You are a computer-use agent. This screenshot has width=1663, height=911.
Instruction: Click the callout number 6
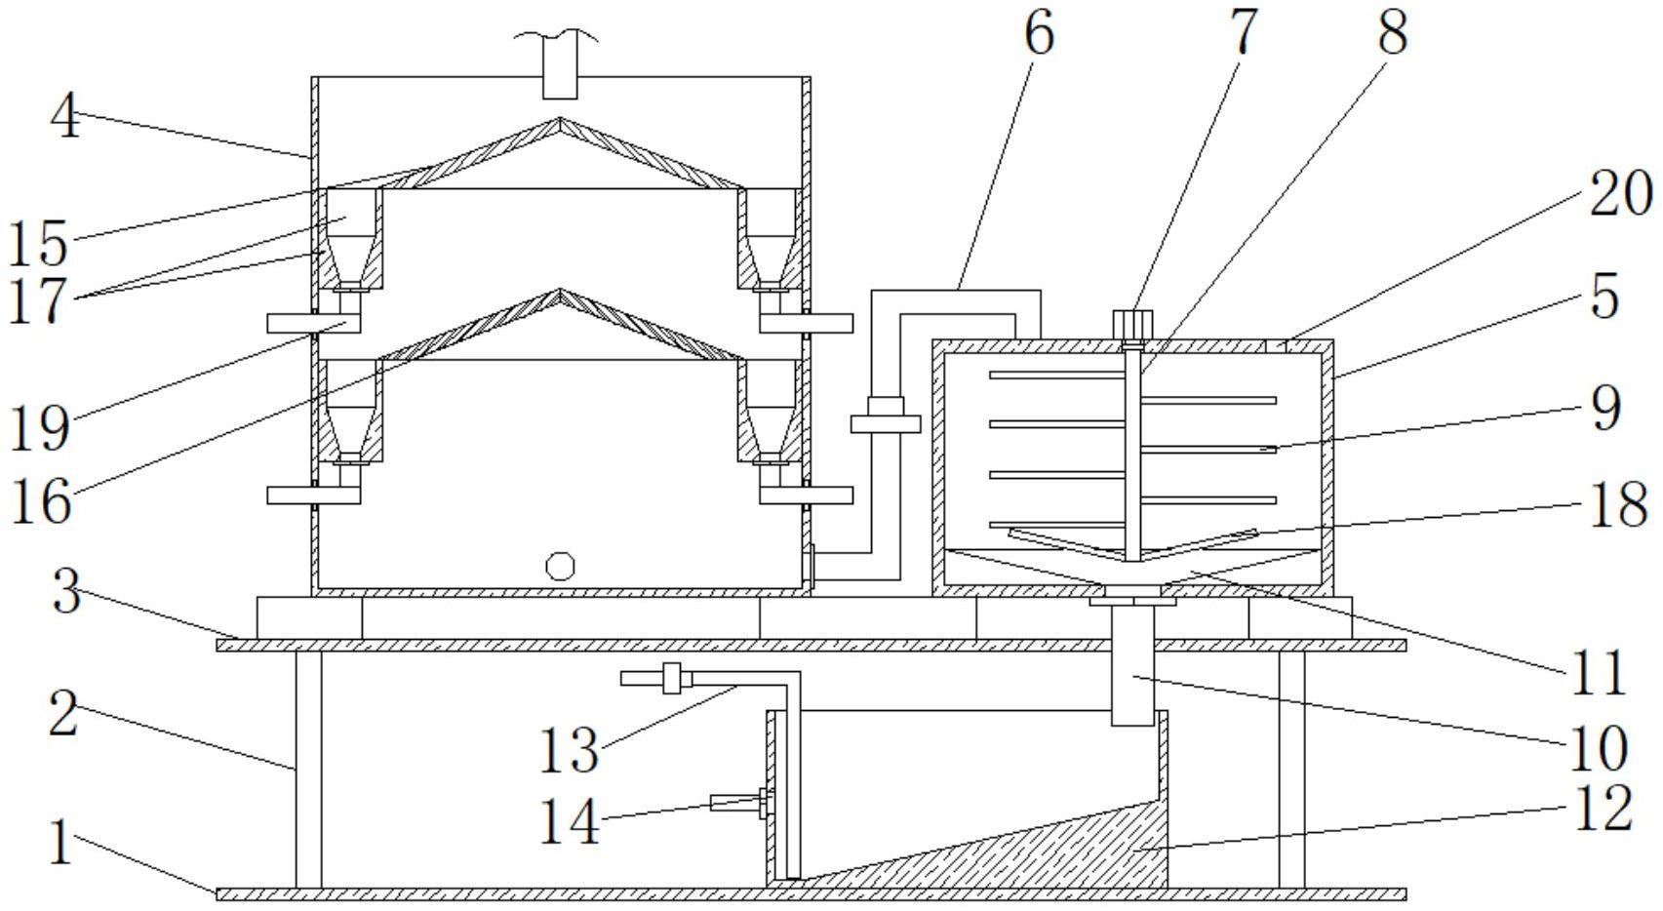pyautogui.click(x=1039, y=34)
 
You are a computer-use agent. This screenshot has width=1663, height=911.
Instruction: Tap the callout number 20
pyautogui.click(x=1621, y=193)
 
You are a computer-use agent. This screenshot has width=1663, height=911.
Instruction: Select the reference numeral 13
pyautogui.click(x=568, y=750)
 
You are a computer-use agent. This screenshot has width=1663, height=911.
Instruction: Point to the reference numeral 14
pyautogui.click(x=570, y=821)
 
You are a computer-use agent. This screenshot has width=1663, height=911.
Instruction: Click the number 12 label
pyautogui.click(x=1604, y=809)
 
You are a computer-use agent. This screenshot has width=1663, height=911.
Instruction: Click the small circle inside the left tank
pyautogui.click(x=560, y=566)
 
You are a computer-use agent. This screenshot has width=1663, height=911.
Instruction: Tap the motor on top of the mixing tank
pyautogui.click(x=1132, y=325)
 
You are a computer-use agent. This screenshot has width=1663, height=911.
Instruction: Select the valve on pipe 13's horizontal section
pyautogui.click(x=671, y=678)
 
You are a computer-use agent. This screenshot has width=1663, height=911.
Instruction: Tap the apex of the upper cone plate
pyautogui.click(x=560, y=119)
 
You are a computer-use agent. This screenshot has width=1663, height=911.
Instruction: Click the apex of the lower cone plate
pyautogui.click(x=560, y=291)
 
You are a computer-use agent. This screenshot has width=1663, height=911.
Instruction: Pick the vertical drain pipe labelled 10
pyautogui.click(x=1132, y=664)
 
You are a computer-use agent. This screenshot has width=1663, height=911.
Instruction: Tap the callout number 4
pyautogui.click(x=65, y=118)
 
